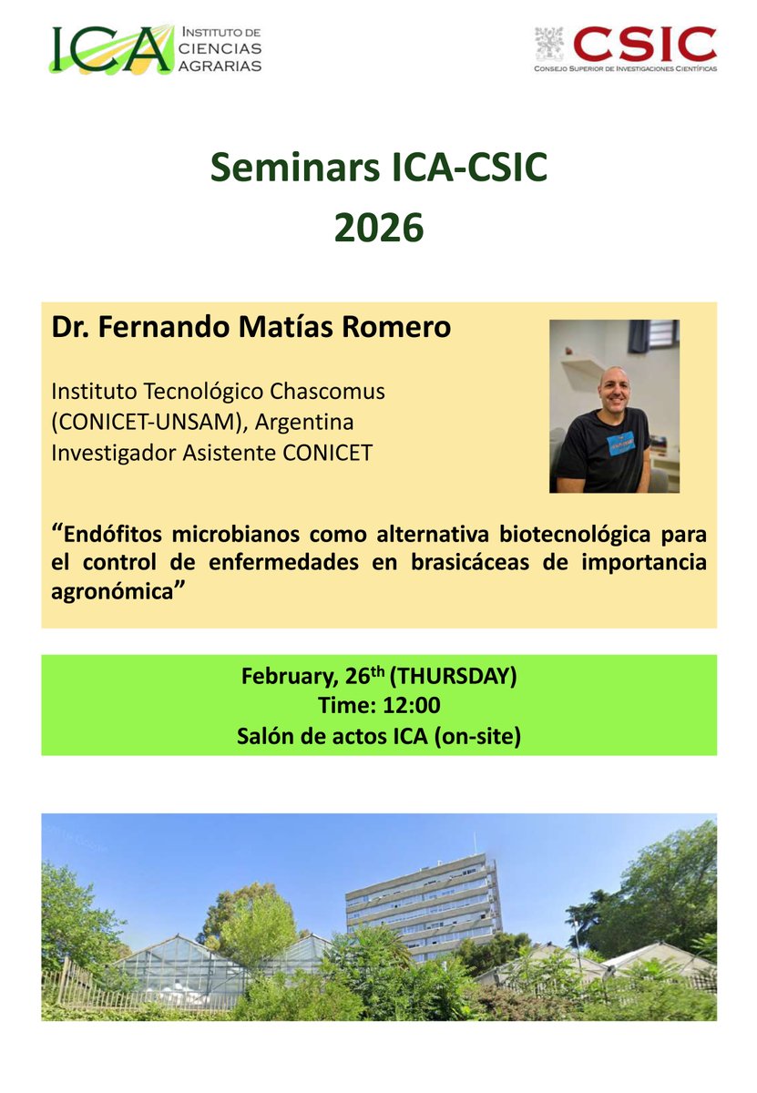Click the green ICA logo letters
click(109, 49)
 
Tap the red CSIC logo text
click(645, 43)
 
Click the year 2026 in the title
click(378, 228)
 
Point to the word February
click(285, 677)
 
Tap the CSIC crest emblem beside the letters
click(550, 44)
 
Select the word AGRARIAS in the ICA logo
click(222, 66)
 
